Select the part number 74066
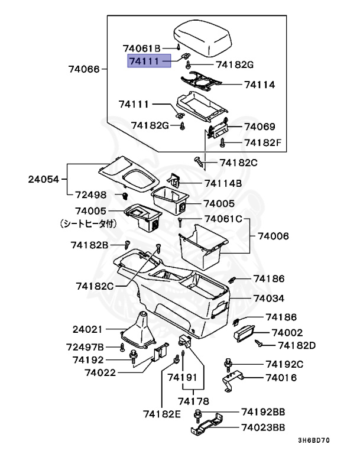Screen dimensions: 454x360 (x=86, y=69)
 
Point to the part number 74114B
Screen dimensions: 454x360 (x=223, y=183)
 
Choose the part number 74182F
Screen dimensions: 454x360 (x=264, y=142)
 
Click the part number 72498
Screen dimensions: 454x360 (x=90, y=194)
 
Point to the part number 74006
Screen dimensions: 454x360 (x=273, y=235)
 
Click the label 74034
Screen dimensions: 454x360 (x=268, y=299)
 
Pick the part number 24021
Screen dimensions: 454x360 (x=87, y=329)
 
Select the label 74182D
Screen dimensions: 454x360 (x=297, y=345)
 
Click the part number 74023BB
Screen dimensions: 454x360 (x=262, y=427)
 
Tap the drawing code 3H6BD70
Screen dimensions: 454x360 (x=313, y=441)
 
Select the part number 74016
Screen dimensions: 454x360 (x=281, y=378)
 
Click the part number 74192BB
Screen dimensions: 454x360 (x=262, y=412)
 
